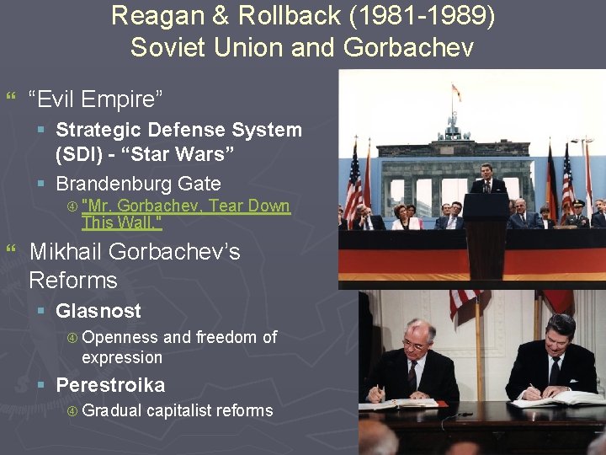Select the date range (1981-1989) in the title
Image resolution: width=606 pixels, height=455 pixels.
coord(426,15)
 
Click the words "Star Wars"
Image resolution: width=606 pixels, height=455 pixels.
coord(200,155)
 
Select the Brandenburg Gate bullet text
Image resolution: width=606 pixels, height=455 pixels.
coord(138,184)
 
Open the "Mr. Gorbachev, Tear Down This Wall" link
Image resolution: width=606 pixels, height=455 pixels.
coord(185,206)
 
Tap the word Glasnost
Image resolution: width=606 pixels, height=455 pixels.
coord(98,311)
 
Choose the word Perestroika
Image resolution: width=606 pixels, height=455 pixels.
coord(110,385)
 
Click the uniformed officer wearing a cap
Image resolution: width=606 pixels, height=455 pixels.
coord(577,211)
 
